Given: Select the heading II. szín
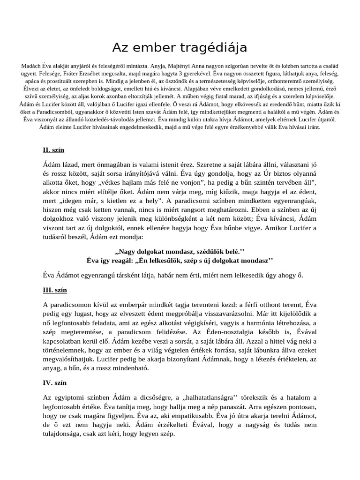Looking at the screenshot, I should click(x=53, y=150).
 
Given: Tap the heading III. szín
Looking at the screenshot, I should click(x=55, y=290).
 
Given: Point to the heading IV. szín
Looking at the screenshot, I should click(x=54, y=383).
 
